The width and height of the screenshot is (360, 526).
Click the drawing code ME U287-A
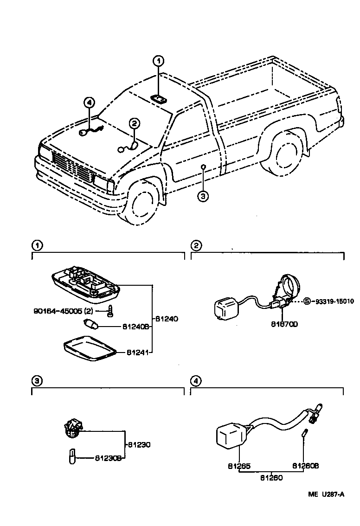point(327,494)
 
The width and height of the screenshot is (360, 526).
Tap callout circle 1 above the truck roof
point(158,61)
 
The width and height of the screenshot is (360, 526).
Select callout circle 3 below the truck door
point(203,196)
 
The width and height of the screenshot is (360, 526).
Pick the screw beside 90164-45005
point(110,311)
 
